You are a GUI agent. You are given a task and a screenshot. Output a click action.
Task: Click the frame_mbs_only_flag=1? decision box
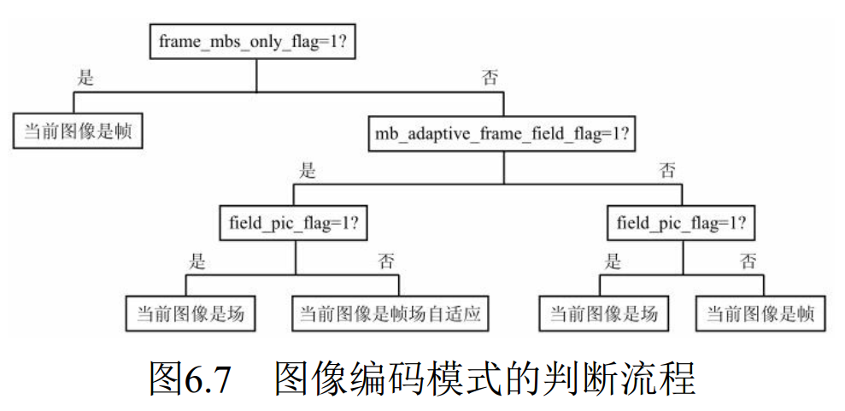(256, 41)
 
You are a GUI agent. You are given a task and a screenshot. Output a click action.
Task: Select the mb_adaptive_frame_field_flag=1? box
(502, 134)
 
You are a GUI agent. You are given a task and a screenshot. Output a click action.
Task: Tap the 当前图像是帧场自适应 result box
(390, 314)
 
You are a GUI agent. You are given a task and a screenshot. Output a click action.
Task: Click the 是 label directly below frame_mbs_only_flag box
(85, 79)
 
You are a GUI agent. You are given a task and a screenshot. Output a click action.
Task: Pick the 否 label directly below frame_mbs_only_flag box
(490, 79)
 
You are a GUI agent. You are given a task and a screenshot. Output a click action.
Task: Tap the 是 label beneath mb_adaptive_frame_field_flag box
(308, 171)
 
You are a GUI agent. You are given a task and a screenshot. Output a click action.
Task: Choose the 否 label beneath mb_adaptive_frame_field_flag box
(667, 171)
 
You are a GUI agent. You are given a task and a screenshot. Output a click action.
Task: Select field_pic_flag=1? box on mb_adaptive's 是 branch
(294, 224)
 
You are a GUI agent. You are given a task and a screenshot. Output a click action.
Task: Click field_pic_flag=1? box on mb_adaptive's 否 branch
(682, 224)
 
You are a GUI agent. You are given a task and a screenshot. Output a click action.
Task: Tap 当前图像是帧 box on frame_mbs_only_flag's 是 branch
(77, 132)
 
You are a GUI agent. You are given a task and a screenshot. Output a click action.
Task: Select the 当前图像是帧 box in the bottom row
(760, 314)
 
